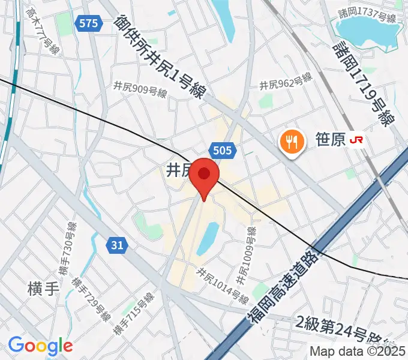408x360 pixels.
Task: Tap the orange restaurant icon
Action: click(292, 141)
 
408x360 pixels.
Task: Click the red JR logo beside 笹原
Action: click(358, 140)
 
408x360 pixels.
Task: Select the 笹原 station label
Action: click(330, 141)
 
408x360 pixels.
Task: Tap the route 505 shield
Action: click(222, 149)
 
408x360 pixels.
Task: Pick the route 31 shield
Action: click(117, 244)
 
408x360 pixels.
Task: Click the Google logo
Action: click(40, 346)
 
